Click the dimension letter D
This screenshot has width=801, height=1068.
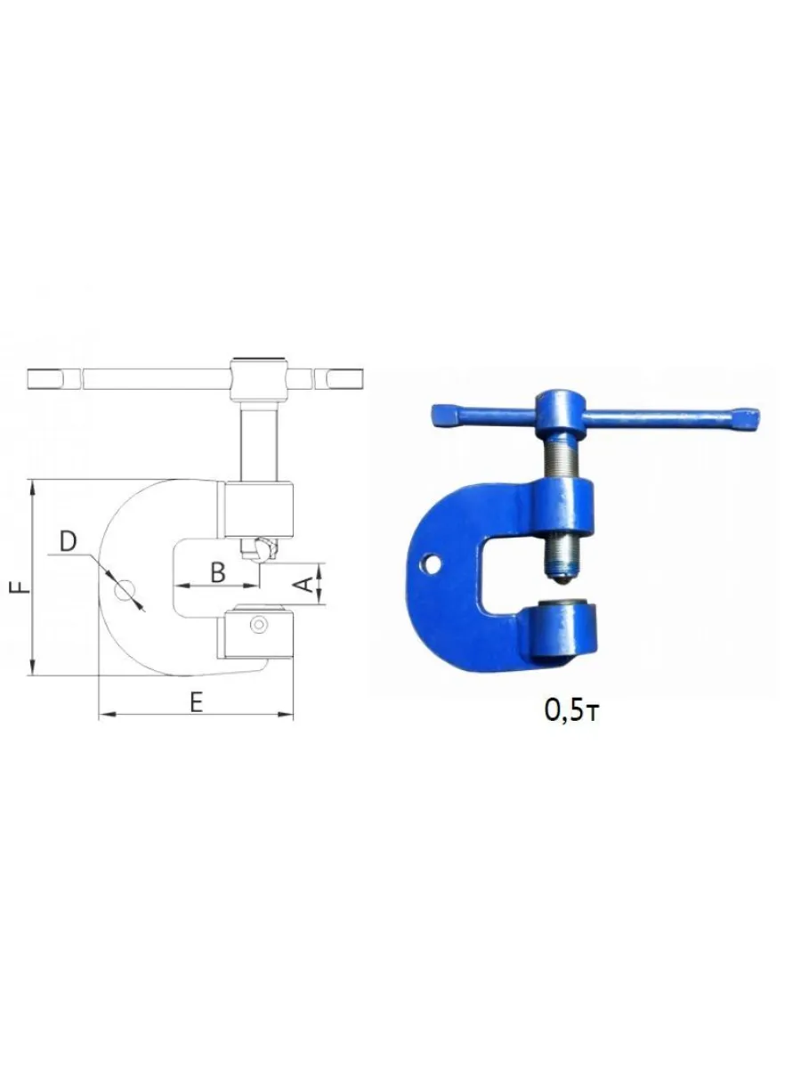click(69, 540)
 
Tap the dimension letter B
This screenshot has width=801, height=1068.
click(218, 572)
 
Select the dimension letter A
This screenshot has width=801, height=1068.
click(305, 584)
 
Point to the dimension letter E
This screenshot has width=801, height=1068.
click(197, 702)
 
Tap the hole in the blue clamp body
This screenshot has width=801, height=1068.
click(431, 564)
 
